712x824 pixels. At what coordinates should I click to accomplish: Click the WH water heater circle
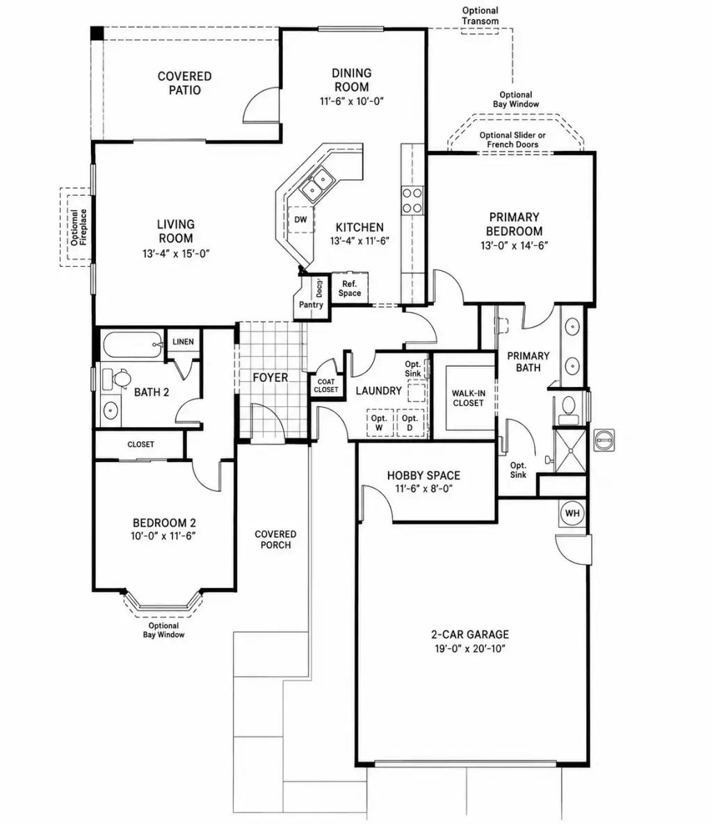(572, 513)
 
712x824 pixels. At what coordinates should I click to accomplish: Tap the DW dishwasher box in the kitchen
(301, 220)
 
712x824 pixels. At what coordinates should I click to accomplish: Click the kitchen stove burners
(412, 200)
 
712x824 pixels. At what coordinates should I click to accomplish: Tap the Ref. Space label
(350, 288)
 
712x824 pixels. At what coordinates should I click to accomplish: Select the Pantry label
(311, 304)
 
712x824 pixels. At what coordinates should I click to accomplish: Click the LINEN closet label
(183, 342)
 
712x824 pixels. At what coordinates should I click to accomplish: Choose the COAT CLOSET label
(326, 386)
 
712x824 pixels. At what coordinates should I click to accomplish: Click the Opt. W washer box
(379, 422)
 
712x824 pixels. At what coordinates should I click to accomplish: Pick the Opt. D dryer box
(410, 422)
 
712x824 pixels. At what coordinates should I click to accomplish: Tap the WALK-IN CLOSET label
(468, 398)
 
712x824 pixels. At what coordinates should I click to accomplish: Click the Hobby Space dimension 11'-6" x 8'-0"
(424, 488)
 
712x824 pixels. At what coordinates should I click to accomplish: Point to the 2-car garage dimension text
(470, 648)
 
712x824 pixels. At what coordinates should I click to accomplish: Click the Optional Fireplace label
(79, 227)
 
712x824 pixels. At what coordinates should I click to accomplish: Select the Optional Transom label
(480, 16)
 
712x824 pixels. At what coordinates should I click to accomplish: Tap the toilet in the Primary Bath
(567, 409)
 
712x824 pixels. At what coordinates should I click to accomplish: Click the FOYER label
(270, 377)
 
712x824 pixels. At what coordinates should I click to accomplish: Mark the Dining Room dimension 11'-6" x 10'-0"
(352, 101)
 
